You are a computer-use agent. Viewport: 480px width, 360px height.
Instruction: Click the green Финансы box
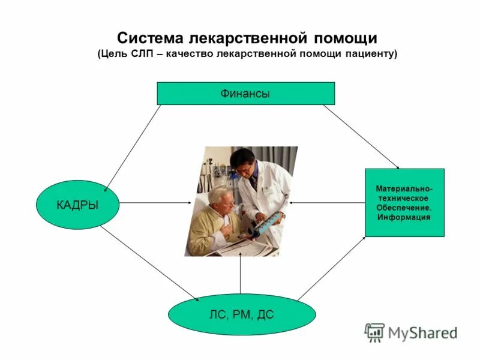pyautogui.click(x=245, y=94)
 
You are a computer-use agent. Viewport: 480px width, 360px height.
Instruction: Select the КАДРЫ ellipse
pyautogui.click(x=77, y=205)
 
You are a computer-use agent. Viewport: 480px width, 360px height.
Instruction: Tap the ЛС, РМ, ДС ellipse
pyautogui.click(x=242, y=314)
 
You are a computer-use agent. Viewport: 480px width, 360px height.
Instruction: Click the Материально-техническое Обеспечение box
pyautogui.click(x=404, y=202)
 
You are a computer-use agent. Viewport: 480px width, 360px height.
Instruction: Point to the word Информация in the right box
pyautogui.click(x=404, y=217)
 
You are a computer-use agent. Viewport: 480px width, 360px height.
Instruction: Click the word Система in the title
pyautogui.click(x=150, y=38)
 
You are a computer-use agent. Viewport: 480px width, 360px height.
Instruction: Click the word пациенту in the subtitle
pyautogui.click(x=369, y=54)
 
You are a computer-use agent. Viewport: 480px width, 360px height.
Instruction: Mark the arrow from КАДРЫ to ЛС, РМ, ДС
pyautogui.click(x=150, y=263)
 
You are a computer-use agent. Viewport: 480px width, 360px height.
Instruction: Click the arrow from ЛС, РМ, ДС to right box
pyautogui.click(x=332, y=268)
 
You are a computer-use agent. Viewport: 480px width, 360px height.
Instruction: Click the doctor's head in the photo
pyautogui.click(x=243, y=160)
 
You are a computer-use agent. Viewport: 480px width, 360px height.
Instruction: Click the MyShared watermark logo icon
pyautogui.click(x=374, y=332)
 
